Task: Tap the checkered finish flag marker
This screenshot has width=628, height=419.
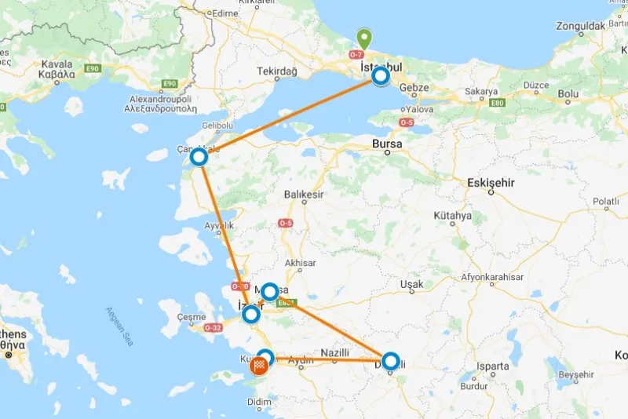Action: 258,366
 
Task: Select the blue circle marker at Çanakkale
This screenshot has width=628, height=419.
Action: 199,157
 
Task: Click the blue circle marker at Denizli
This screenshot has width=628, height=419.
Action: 389,361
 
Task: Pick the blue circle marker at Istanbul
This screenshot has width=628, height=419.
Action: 381,76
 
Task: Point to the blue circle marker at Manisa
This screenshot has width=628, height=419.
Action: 270,292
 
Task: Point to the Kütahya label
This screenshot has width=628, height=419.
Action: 452,216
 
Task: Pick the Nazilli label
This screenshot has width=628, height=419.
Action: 335,354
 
